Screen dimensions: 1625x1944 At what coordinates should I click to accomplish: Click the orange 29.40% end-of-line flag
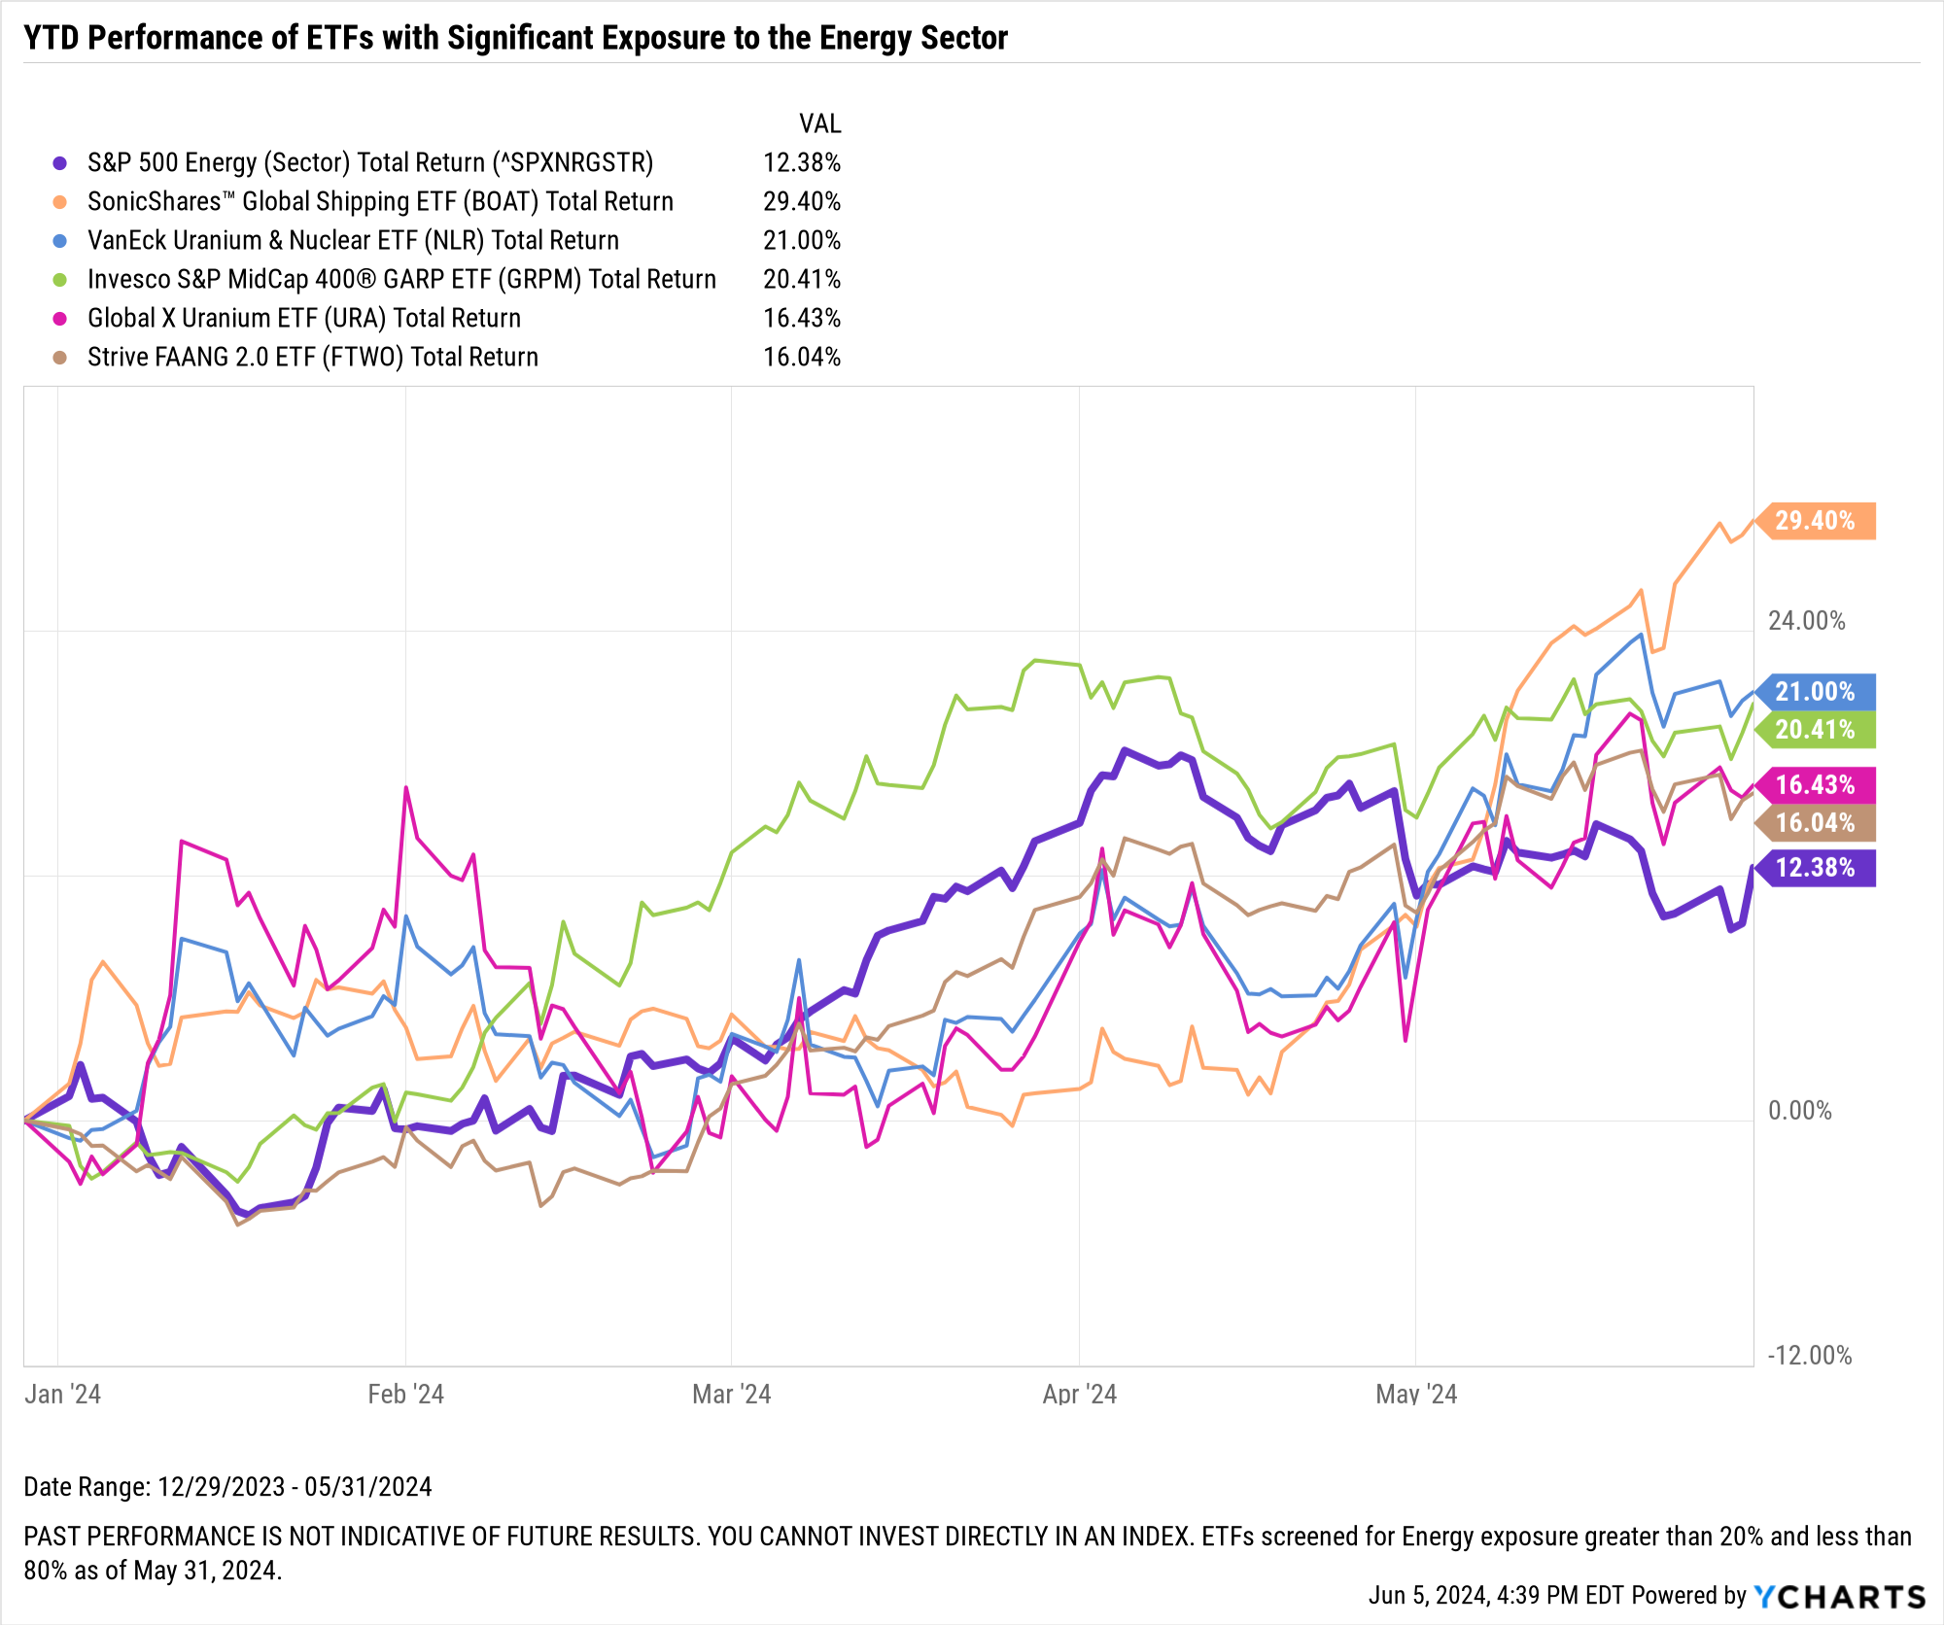pos(1816,521)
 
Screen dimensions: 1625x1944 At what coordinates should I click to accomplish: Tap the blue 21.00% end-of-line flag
pos(1816,692)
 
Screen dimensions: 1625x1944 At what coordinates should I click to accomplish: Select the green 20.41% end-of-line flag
pos(1816,730)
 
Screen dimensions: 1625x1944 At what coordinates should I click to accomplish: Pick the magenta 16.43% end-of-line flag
pos(1816,785)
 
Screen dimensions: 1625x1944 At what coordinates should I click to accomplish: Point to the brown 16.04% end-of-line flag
pos(1816,823)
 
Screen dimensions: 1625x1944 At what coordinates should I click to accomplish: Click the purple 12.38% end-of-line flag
pos(1816,868)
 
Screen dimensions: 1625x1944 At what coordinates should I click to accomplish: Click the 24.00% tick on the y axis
pos(1806,621)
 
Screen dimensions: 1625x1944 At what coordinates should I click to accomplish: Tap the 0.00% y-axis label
pos(1800,1111)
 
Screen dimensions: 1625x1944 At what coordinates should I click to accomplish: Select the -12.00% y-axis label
pos(1809,1356)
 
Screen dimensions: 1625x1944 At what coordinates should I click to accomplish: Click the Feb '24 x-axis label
pos(405,1395)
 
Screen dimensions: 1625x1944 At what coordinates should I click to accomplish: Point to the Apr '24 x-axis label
pos(1079,1395)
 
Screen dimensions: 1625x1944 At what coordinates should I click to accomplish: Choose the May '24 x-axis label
pos(1416,1395)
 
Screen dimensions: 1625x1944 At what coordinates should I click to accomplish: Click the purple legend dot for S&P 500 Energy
pos(60,163)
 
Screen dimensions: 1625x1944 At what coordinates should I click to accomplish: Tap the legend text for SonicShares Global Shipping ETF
pos(380,202)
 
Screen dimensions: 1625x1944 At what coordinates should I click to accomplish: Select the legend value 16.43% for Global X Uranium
pos(802,319)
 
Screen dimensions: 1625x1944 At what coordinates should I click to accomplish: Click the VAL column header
pos(819,124)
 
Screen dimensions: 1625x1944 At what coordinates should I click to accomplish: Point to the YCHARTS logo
pos(1840,1597)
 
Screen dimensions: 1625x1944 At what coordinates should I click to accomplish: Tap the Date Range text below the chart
pos(227,1487)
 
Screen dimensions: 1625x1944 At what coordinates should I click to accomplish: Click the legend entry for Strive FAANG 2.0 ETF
pos(312,358)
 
